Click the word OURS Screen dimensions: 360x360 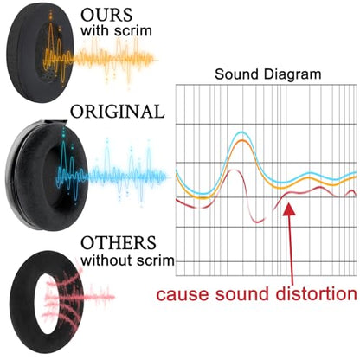click(106, 15)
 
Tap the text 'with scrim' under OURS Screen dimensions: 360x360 click(116, 30)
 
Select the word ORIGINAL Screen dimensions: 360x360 click(118, 112)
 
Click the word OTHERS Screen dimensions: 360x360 click(119, 243)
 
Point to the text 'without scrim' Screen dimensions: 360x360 click(128, 260)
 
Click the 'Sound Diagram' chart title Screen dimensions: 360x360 click(268, 74)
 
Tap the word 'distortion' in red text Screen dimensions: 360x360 click(317, 294)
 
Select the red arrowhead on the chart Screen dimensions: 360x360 click(289, 209)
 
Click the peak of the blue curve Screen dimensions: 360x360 click(241, 132)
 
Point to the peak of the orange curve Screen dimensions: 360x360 click(241, 141)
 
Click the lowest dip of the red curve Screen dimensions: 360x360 click(258, 222)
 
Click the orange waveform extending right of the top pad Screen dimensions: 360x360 click(115, 60)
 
